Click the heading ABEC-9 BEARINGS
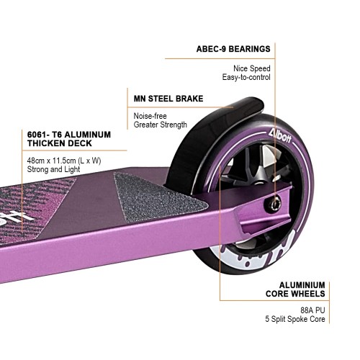[233, 49]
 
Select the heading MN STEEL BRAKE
[168, 99]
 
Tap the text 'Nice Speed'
[252, 68]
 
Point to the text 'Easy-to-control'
[246, 77]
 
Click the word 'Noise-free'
[150, 116]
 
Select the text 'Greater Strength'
[161, 125]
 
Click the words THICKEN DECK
[60, 143]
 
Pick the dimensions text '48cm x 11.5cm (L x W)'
[64, 161]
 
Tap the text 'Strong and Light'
[53, 169]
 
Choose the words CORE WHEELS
[295, 294]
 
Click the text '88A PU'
[312, 310]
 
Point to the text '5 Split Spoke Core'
[295, 319]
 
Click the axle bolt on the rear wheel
[275, 204]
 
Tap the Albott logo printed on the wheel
[280, 136]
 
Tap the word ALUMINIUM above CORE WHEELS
[302, 285]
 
